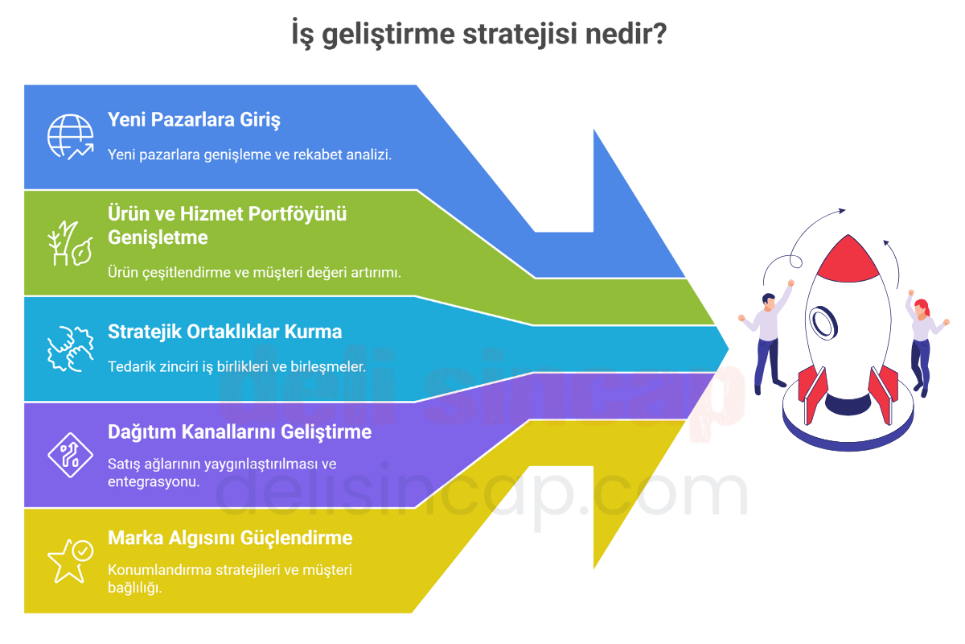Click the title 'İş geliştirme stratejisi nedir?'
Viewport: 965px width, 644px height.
click(479, 34)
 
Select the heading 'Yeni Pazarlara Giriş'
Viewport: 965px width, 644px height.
click(194, 120)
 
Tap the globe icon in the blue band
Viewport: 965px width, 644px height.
click(70, 137)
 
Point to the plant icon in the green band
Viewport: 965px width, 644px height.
click(70, 243)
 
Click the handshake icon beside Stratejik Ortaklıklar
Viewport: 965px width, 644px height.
click(70, 349)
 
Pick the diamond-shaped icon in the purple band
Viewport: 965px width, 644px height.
click(70, 455)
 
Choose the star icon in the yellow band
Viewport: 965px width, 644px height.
click(70, 561)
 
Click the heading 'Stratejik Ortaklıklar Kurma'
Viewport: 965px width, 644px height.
click(225, 332)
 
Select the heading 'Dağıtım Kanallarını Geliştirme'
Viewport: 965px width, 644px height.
click(240, 431)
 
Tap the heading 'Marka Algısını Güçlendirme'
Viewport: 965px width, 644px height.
click(230, 538)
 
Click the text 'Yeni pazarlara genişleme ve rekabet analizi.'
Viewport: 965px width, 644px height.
click(249, 155)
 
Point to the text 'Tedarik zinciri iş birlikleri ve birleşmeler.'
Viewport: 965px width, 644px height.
click(236, 366)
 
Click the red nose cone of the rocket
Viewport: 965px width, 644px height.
click(848, 261)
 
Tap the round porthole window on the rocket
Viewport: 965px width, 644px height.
click(823, 323)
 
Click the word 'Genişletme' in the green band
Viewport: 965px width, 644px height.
click(158, 237)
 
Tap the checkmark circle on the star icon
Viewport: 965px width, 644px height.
click(83, 551)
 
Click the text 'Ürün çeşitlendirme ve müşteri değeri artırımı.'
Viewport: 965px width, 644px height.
click(254, 273)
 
